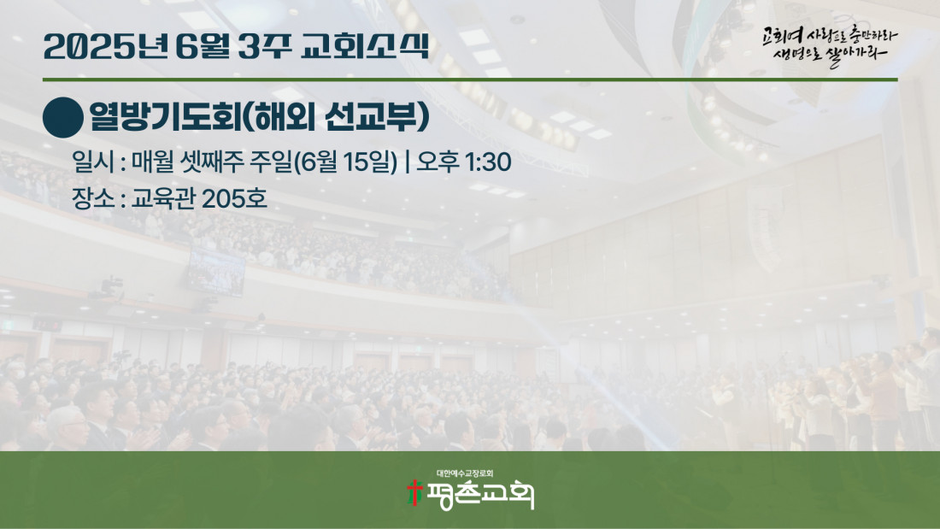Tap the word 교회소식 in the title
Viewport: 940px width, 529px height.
click(365, 45)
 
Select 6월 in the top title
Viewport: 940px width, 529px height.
click(203, 46)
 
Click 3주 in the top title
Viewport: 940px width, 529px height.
click(264, 46)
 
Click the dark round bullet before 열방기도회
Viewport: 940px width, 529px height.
click(63, 118)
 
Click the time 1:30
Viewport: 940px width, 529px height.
click(488, 162)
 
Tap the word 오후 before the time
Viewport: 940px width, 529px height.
click(438, 162)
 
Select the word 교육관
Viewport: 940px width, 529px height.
click(163, 198)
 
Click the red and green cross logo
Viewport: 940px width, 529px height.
click(414, 493)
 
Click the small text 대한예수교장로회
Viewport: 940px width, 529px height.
click(465, 473)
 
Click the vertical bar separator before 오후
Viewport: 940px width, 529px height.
click(408, 162)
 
